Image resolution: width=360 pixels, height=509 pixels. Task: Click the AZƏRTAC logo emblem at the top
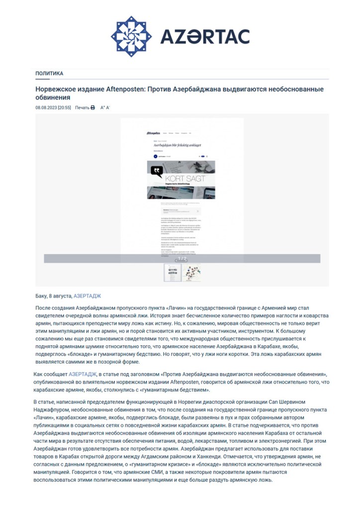coord(131,36)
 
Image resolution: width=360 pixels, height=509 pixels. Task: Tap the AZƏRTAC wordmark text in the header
coord(204,37)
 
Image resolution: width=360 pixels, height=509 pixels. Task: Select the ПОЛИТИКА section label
coord(49,74)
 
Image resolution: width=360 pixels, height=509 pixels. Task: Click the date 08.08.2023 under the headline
coord(46,107)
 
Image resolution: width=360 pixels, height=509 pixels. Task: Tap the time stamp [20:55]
coord(64,107)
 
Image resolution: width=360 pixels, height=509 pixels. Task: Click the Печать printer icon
coord(92,107)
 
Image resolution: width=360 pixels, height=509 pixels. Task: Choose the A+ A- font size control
coord(105,107)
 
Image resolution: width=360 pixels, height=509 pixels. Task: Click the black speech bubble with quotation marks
coord(157,172)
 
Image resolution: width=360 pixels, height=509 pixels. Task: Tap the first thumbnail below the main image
coord(173,273)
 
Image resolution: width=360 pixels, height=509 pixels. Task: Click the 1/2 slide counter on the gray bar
coord(182,258)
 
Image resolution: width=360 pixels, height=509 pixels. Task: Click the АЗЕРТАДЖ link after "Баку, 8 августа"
coord(87,296)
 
